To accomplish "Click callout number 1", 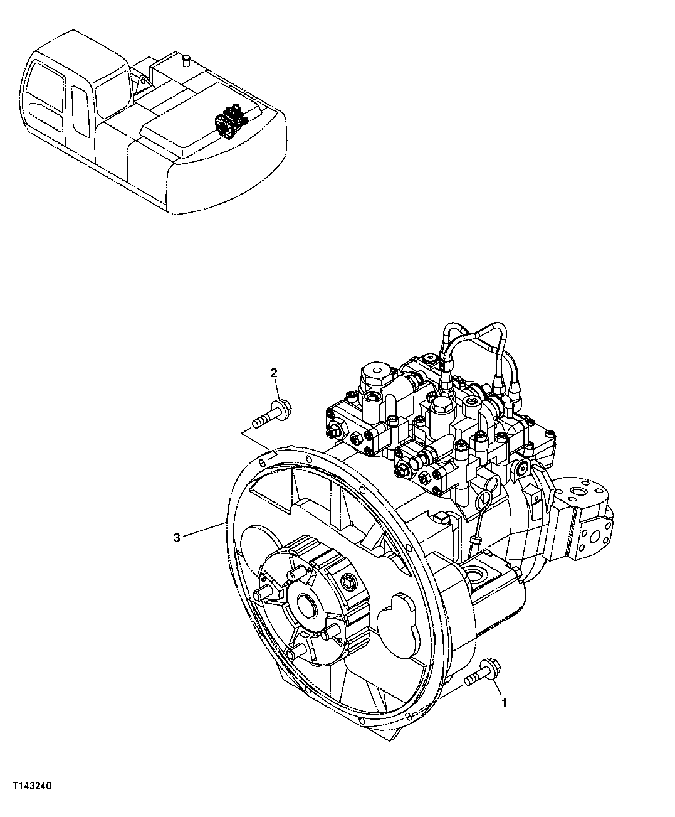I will [x=503, y=703].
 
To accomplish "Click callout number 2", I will [x=274, y=374].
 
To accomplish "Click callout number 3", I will [x=177, y=537].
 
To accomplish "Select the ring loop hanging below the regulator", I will [x=484, y=499].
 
